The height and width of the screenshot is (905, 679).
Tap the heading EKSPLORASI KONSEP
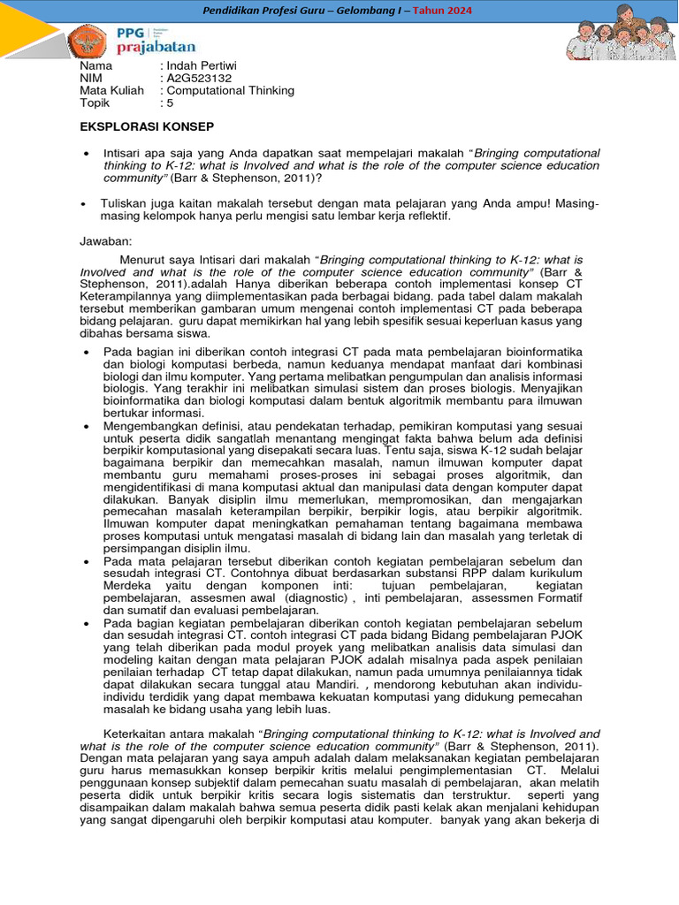point(147,127)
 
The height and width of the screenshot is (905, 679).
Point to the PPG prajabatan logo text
point(156,40)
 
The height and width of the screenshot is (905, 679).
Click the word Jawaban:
point(107,240)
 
